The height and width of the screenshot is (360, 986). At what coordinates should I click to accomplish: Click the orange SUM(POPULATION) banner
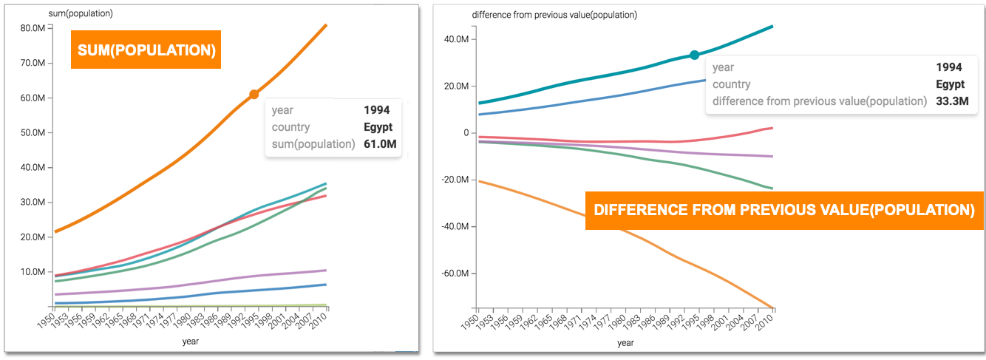pos(146,50)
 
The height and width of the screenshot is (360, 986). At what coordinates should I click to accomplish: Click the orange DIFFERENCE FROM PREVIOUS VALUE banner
pos(774,211)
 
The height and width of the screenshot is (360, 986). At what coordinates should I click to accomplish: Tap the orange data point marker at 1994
pos(254,94)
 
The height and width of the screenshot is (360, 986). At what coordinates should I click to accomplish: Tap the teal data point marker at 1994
pos(694,55)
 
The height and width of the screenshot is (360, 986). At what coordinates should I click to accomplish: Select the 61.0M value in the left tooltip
pos(380,143)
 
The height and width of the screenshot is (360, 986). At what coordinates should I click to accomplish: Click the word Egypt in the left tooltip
pos(378,127)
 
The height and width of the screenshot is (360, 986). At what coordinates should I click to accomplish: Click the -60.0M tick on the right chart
pos(455,274)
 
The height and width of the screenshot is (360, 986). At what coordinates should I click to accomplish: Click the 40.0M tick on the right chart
pos(458,39)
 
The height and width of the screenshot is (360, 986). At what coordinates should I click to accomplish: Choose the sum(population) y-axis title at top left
pos(65,14)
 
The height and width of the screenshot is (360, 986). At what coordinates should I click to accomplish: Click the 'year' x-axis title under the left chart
pos(191,342)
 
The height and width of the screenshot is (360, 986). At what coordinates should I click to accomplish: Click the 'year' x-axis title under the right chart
pos(625,342)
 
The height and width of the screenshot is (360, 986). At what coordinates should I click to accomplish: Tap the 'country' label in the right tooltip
pos(731,84)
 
